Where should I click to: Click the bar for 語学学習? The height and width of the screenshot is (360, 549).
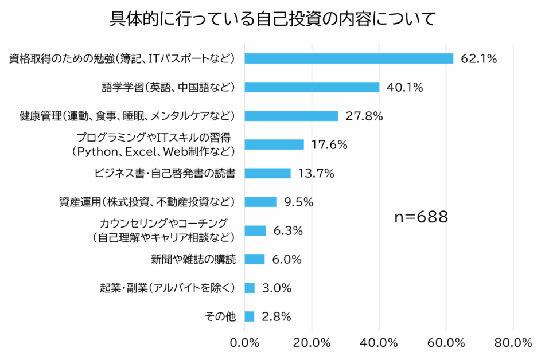[x=312, y=87]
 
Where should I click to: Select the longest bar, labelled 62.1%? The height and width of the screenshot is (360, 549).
[x=349, y=58]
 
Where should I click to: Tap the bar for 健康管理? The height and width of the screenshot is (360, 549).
[x=291, y=116]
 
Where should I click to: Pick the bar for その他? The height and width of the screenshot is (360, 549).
[x=250, y=316]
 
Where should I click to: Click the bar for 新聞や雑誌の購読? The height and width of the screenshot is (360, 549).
[x=255, y=259]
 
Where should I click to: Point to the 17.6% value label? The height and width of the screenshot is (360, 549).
[x=329, y=144]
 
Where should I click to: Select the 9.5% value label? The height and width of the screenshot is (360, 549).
[x=299, y=202]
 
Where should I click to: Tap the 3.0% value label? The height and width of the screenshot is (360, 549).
[x=277, y=288]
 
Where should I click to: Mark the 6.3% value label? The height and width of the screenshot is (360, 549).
[x=288, y=230]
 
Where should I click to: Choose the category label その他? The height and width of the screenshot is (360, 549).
[x=220, y=316]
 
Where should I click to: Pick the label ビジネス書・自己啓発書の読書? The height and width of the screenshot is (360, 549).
[x=165, y=173]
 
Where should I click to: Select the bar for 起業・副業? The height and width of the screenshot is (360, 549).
[x=250, y=288]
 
